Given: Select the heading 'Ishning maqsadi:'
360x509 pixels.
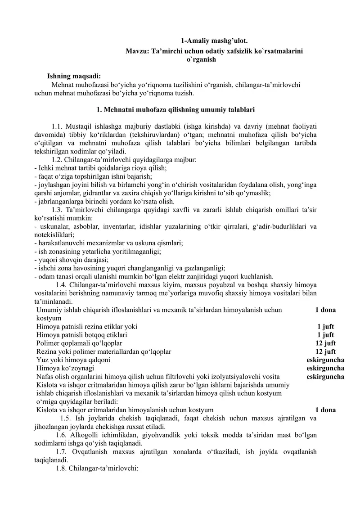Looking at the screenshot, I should (74, 76).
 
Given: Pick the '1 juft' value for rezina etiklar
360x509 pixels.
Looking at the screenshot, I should (325, 327).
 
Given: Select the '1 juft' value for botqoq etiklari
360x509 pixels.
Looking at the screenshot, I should (325, 335).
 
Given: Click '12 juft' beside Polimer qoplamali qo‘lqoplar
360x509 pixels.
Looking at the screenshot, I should (325, 343).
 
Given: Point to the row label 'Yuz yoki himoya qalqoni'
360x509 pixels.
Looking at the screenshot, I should (73, 360).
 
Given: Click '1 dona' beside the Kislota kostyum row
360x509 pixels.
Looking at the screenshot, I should (325, 410).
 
